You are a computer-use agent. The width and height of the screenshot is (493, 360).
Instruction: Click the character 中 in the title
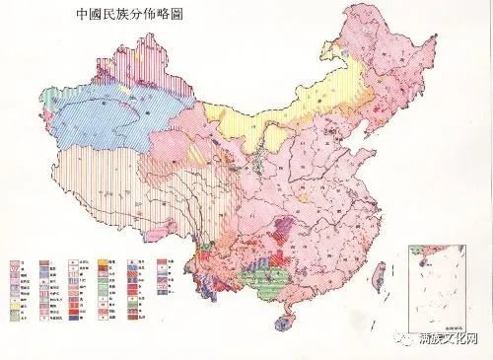[67, 17]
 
